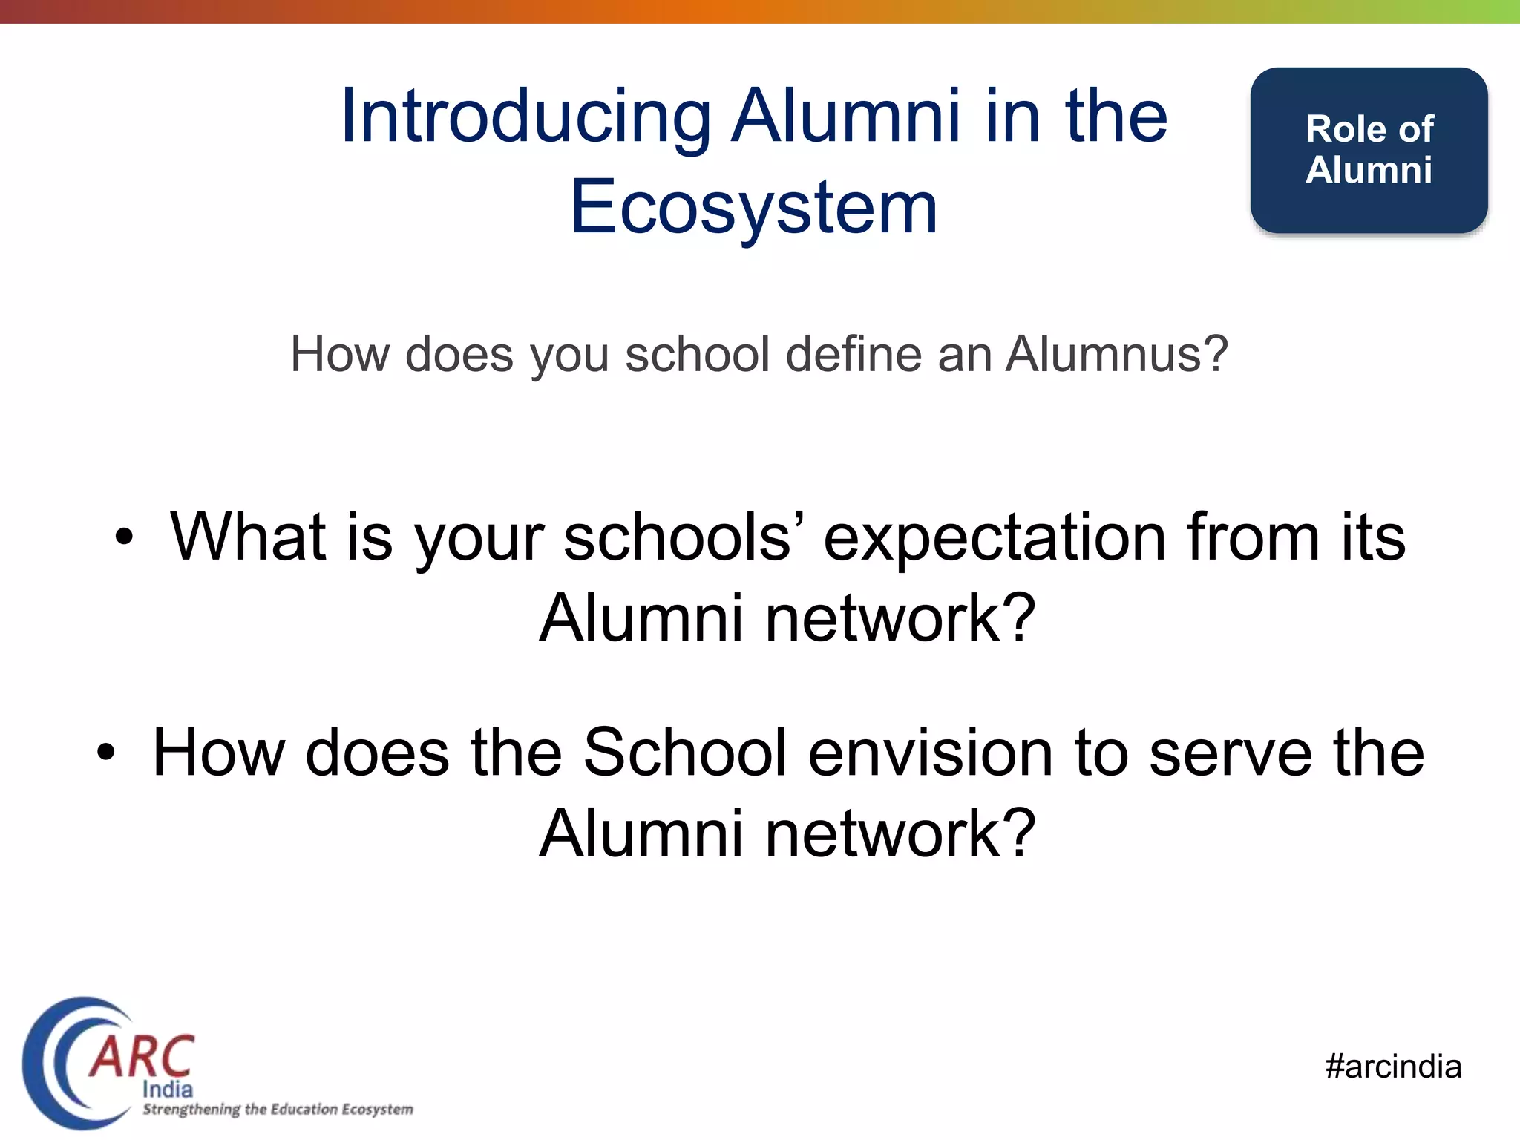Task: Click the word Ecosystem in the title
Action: [x=753, y=208]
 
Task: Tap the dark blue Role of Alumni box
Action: [x=1368, y=150]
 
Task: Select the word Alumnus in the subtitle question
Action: [x=1116, y=355]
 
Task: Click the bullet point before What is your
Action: [x=124, y=537]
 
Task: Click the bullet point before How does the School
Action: [x=106, y=752]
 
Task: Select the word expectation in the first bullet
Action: [x=995, y=538]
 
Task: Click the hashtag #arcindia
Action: [x=1393, y=1067]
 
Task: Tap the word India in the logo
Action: [x=167, y=1090]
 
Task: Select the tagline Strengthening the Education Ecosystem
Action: [x=278, y=1110]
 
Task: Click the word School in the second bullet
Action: [x=684, y=752]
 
